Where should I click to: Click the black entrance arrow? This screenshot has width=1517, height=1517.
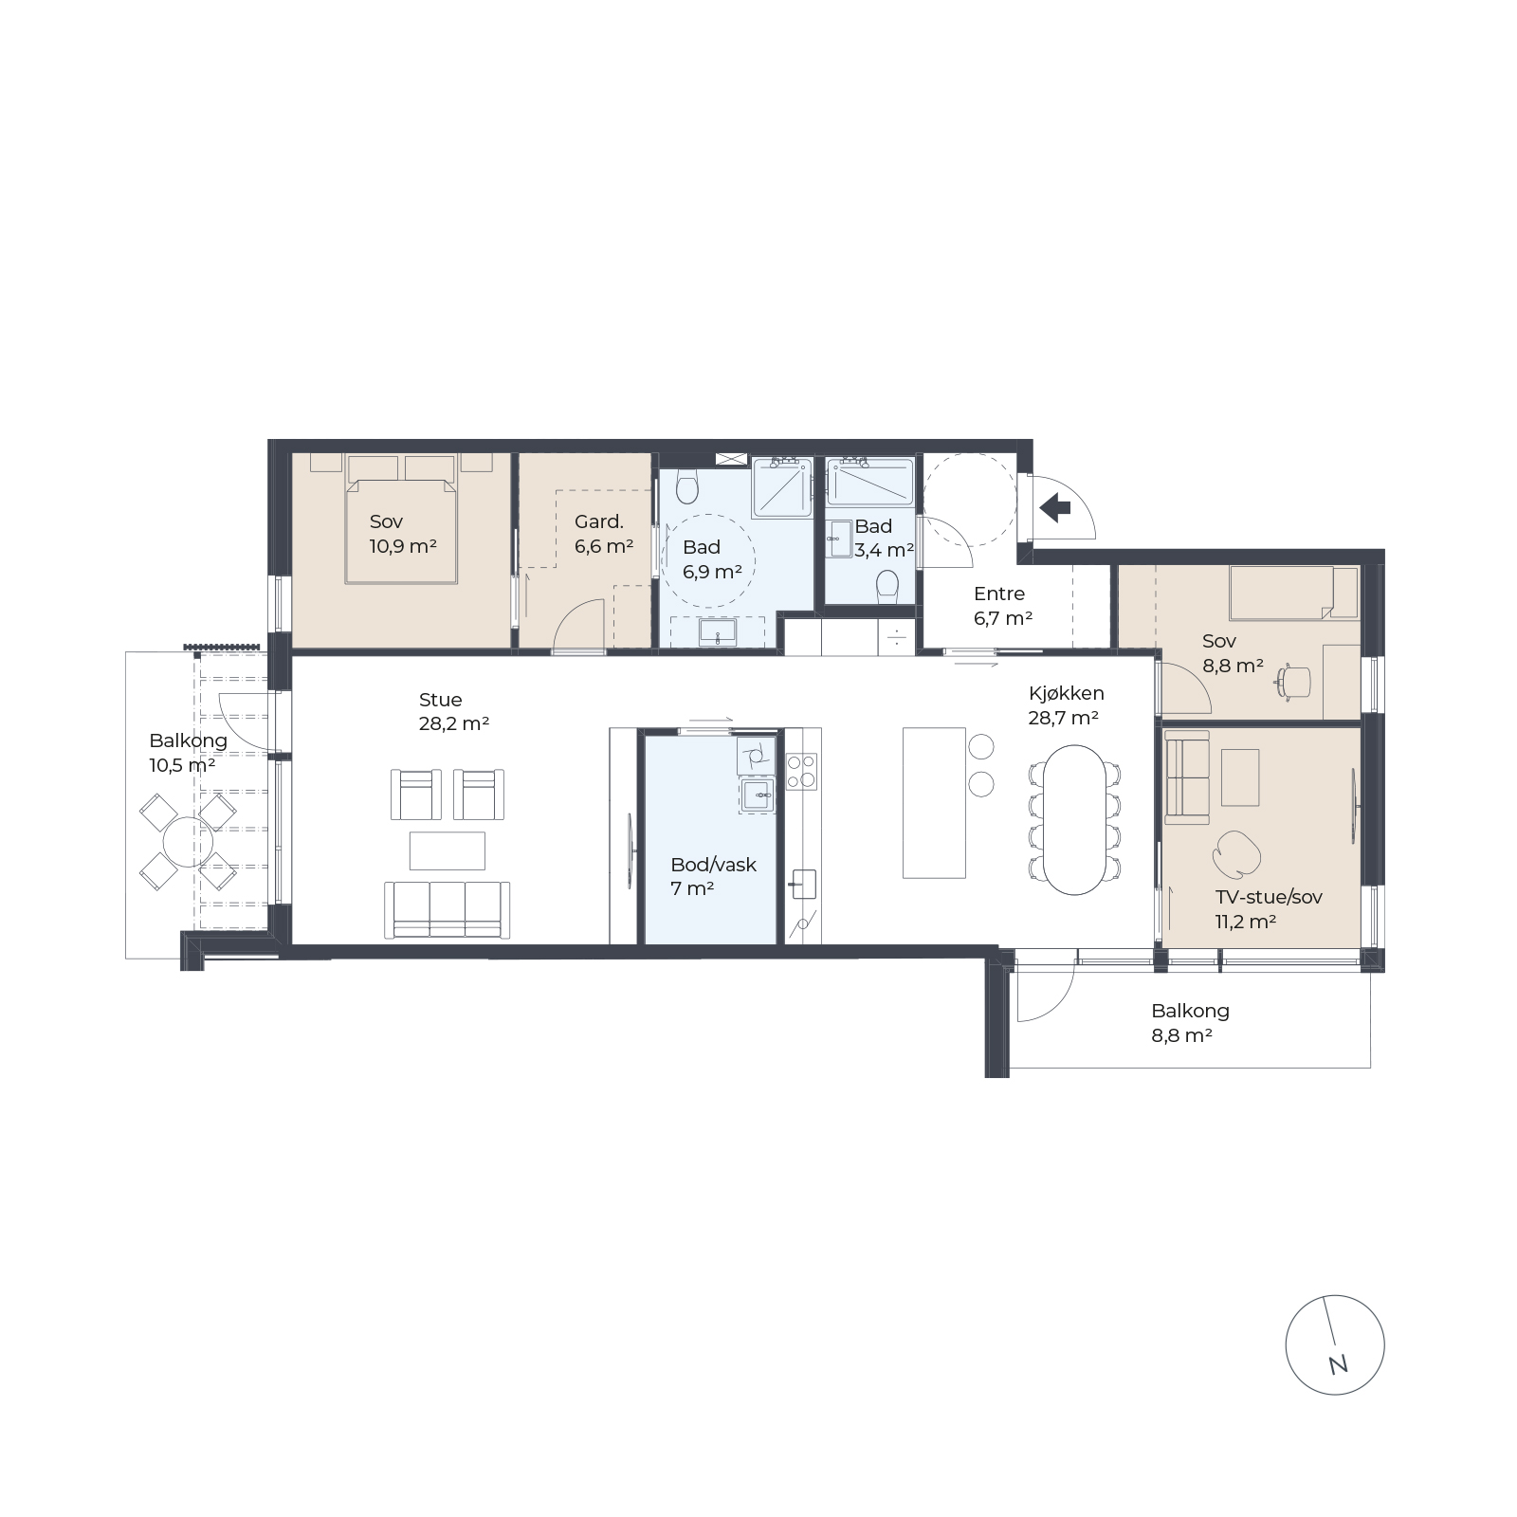click(x=1054, y=508)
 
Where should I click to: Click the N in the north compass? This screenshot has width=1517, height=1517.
click(x=1338, y=1365)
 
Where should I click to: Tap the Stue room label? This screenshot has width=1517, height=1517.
click(x=441, y=700)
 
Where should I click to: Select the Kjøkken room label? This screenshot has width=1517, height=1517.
click(x=1066, y=694)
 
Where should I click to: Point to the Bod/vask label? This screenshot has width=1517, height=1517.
click(x=713, y=865)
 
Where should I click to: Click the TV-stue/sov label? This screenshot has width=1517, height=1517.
click(x=1269, y=897)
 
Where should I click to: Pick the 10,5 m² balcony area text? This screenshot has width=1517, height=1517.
click(x=182, y=765)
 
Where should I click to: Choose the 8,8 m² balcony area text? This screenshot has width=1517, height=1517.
click(x=1182, y=1036)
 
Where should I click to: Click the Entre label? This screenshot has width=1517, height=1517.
click(x=999, y=594)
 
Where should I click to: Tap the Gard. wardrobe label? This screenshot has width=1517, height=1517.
click(x=599, y=521)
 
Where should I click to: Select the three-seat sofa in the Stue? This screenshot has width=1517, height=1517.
click(x=448, y=910)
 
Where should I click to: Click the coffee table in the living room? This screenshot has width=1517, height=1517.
click(x=448, y=850)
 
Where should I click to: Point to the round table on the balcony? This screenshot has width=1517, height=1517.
click(x=188, y=841)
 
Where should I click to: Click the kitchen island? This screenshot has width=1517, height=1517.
click(x=934, y=803)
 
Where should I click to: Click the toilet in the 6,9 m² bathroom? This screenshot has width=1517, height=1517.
click(x=687, y=487)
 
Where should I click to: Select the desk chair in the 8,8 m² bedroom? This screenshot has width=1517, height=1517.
click(x=1293, y=681)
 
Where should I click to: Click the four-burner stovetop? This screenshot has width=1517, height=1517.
click(x=801, y=771)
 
